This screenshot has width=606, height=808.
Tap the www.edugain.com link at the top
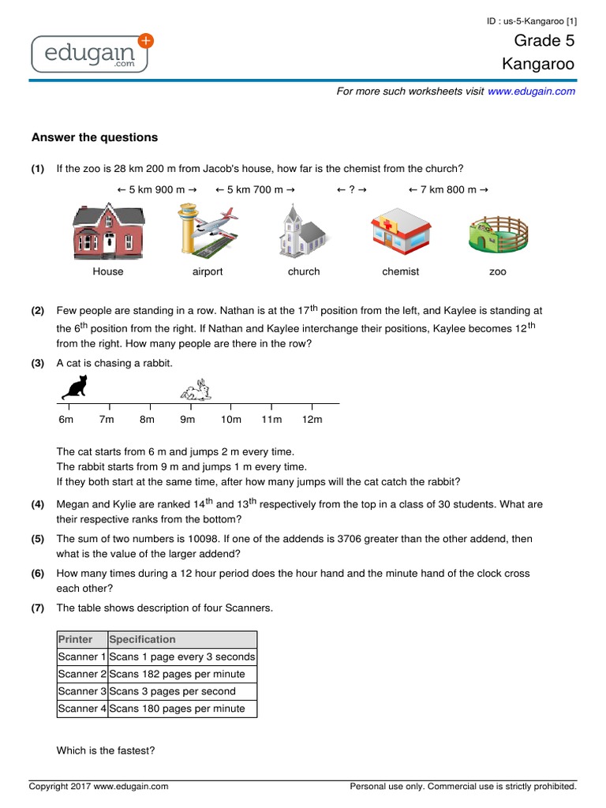coord(531,92)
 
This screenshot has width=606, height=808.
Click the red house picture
coord(108,231)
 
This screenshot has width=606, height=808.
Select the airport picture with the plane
coord(208,231)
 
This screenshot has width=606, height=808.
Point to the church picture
coord(303,231)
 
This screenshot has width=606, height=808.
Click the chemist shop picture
coord(400,232)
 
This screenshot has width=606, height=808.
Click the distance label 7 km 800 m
coord(447,190)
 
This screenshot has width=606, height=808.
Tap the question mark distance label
coord(351,190)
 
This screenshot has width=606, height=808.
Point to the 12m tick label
coord(312,420)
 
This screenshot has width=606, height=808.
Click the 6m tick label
coord(65,420)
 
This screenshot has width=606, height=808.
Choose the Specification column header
coord(143,639)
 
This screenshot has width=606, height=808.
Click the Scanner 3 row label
coord(82,691)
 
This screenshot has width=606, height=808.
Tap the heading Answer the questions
coord(95,137)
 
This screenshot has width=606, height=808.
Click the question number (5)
coord(38,539)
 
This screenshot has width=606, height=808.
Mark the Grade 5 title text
coord(544,41)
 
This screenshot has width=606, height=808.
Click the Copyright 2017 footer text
coord(99,786)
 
